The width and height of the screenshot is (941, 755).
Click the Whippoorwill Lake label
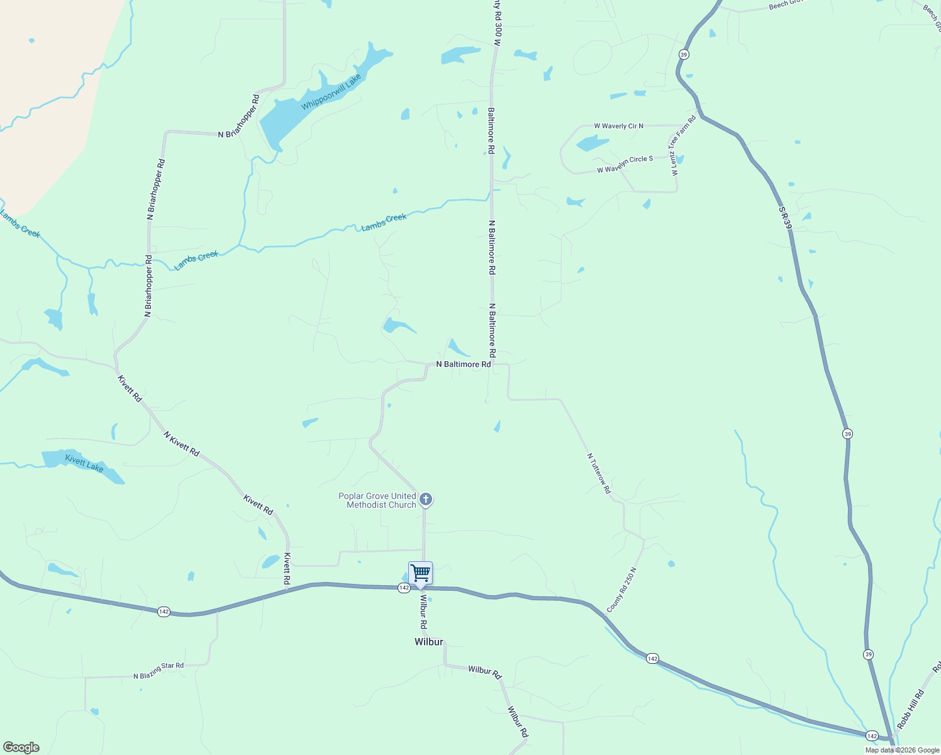click(331, 92)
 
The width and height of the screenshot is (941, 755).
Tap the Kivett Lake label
click(84, 464)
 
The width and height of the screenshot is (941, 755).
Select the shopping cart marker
click(420, 574)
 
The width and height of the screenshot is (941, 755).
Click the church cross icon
click(426, 500)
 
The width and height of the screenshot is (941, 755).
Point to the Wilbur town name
click(429, 642)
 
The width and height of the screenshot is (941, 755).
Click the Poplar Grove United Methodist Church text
click(377, 500)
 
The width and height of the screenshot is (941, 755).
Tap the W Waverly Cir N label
click(618, 126)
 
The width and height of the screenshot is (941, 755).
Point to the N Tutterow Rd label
click(599, 473)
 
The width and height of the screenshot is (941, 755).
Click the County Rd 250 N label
click(621, 590)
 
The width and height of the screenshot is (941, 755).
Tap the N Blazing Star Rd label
click(159, 671)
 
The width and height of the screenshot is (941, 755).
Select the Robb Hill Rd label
click(910, 709)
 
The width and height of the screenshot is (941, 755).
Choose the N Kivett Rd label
click(181, 444)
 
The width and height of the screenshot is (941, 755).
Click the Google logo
click(21, 747)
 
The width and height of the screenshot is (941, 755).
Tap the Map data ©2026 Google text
click(902, 750)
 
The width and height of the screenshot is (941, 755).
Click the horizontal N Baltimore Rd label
click(464, 364)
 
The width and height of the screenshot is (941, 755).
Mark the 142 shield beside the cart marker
click(404, 588)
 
